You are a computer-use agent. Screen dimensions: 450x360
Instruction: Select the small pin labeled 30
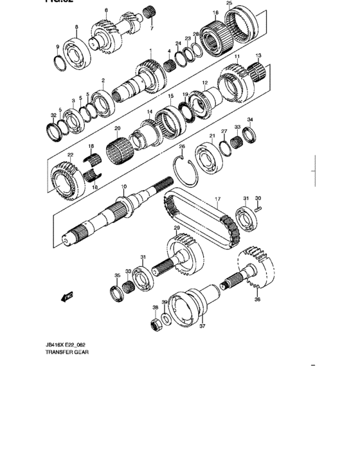pyautogui.click(x=258, y=208)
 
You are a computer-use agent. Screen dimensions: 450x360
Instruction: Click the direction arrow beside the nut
pyautogui.click(x=66, y=297)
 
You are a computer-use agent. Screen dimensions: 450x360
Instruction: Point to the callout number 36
pyautogui.click(x=257, y=298)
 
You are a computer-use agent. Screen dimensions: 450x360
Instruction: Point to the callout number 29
pyautogui.click(x=175, y=228)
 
